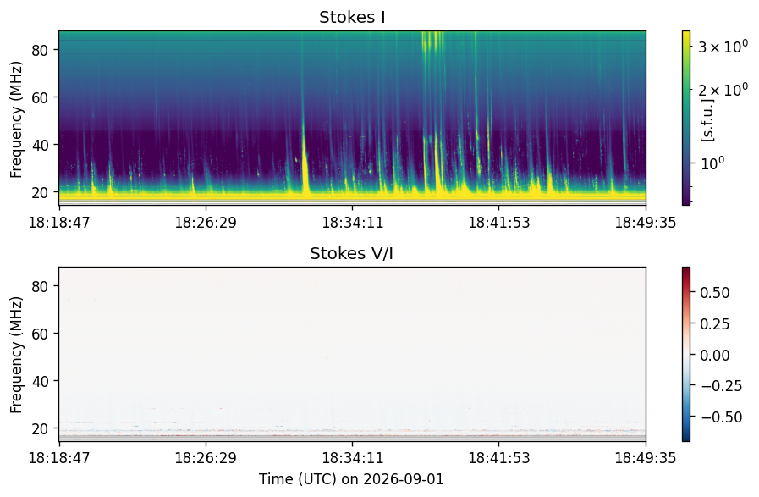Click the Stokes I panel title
pos(352,17)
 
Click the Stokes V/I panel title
pos(351,253)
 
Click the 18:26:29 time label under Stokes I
pos(206,223)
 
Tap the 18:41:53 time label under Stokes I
pos(499,223)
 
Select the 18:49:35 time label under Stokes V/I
pos(646,458)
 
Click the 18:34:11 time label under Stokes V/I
pos(352,458)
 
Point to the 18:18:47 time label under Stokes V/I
pos(59,458)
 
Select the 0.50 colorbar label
pos(715,293)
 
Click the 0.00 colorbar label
pos(715,355)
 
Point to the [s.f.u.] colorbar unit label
pos(707,119)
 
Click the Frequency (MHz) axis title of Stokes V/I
pos(16,355)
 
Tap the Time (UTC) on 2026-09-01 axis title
pos(351,479)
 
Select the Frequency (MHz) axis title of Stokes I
pos(16,119)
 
